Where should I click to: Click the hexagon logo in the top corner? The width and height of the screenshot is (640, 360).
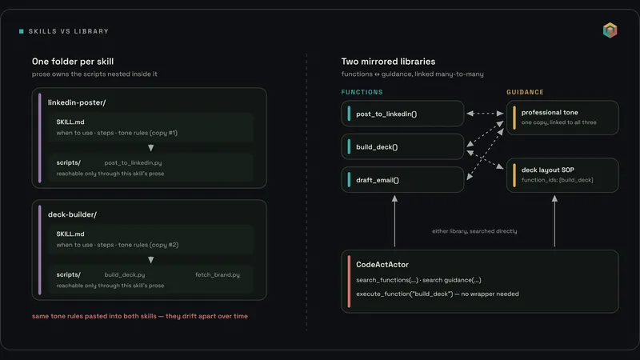[610, 30]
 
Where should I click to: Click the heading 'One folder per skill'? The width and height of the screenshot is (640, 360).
[73, 62]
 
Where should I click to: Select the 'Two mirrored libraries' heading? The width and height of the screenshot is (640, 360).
[388, 62]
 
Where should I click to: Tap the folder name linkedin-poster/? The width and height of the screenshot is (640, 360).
[77, 102]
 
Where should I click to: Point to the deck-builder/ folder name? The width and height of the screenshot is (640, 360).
[72, 214]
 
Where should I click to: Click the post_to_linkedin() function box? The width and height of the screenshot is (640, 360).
[402, 114]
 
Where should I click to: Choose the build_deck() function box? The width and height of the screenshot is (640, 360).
[402, 146]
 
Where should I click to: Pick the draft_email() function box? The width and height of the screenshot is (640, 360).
[402, 179]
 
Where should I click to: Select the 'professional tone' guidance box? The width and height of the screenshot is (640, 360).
[562, 118]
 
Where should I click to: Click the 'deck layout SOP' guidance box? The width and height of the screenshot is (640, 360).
[562, 175]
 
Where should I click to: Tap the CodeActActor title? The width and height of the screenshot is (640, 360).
[382, 265]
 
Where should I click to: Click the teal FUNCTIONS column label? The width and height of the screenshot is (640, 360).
[362, 92]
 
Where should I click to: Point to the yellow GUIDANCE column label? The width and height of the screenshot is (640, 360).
[525, 92]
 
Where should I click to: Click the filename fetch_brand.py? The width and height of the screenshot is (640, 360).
[218, 274]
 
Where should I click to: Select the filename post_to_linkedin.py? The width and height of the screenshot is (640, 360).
[133, 162]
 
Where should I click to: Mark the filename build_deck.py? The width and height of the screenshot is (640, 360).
[125, 274]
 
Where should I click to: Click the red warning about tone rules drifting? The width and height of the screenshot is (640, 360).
[139, 316]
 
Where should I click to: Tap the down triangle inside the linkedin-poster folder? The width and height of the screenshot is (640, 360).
[151, 148]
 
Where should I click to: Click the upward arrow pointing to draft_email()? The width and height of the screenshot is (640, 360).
[394, 221]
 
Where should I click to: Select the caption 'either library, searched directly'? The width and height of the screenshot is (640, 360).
[474, 231]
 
